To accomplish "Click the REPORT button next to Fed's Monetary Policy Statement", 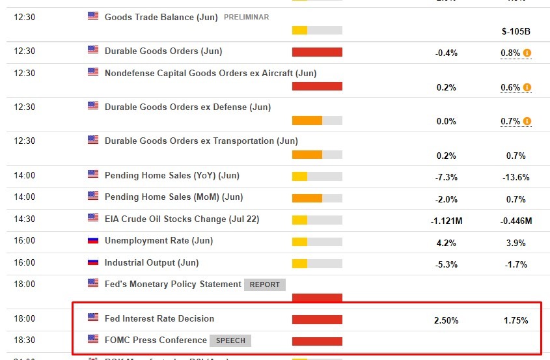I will (264, 284).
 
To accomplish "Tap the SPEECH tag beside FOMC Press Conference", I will (230, 340).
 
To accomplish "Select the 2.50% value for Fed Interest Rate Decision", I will (446, 320).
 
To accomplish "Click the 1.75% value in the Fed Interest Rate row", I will (515, 320).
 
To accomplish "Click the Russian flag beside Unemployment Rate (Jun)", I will (93, 240).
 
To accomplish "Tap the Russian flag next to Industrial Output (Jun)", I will (93, 262).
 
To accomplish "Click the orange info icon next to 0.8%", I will (527, 53).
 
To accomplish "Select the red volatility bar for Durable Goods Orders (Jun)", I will (317, 52).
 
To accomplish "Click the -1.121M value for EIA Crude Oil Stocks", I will (446, 221).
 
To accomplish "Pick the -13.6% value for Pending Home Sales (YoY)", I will (516, 177).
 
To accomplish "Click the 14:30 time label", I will (25, 219).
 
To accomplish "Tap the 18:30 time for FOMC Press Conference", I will (25, 340).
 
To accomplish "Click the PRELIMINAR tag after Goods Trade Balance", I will (246, 17).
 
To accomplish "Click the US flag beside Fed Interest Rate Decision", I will (93, 318).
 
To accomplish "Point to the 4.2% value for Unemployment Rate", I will (447, 243).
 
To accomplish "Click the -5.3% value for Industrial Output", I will (447, 264).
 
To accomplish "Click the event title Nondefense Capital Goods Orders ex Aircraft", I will (210, 74).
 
